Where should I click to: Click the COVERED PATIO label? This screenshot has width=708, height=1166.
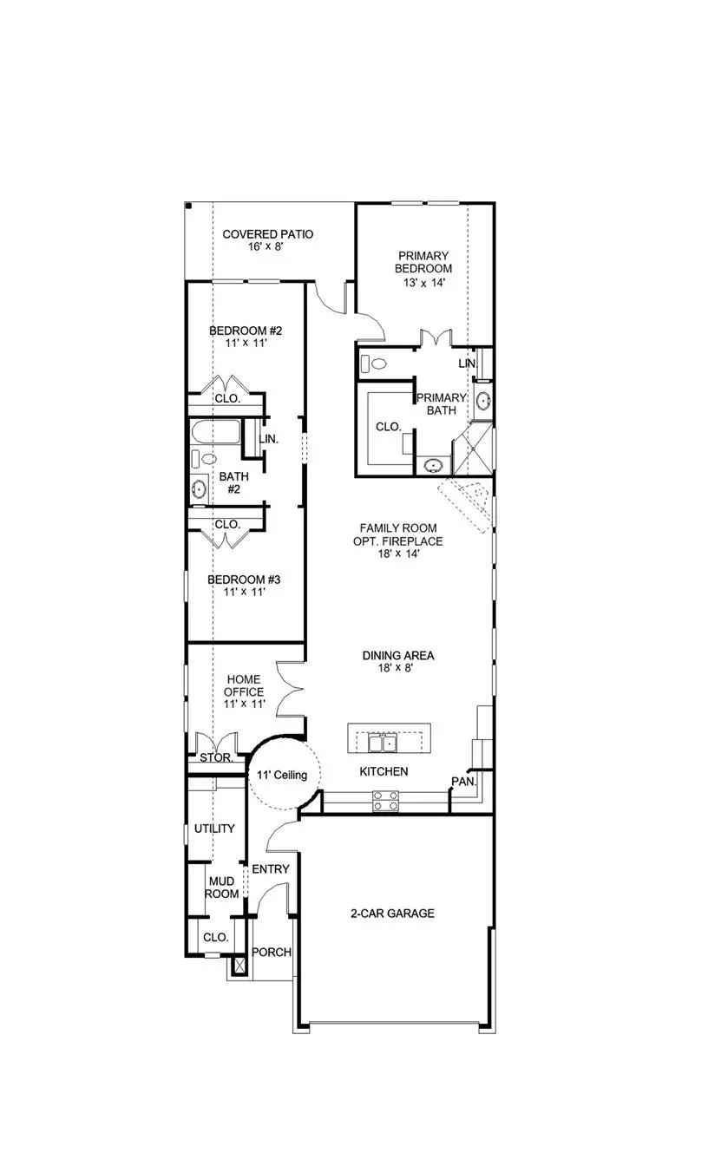(267, 234)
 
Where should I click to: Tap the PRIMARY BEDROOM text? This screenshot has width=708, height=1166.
(423, 262)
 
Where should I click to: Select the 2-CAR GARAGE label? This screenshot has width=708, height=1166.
(392, 913)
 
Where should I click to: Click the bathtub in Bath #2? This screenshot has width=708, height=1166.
(215, 432)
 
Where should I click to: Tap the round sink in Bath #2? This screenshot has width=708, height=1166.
(200, 488)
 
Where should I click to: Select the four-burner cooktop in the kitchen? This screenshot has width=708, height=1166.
(385, 801)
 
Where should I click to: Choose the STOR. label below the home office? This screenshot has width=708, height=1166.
(215, 757)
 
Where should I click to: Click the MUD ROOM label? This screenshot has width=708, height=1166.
(220, 888)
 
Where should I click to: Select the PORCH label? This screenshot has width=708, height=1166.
(271, 952)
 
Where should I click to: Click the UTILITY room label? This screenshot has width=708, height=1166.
(213, 829)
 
